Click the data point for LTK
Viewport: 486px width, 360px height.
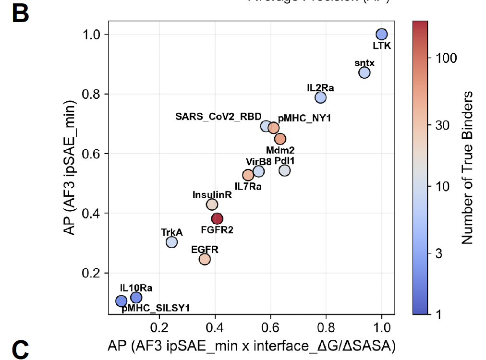pyautogui.click(x=382, y=35)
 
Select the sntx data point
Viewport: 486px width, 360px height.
pyautogui.click(x=364, y=72)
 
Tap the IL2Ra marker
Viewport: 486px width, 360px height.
pyautogui.click(x=321, y=97)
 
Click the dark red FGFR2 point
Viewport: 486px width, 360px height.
pyautogui.click(x=217, y=219)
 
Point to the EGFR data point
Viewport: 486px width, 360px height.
pyautogui.click(x=205, y=259)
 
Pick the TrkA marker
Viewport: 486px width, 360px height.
pyautogui.click(x=172, y=242)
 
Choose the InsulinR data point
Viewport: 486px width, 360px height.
pyautogui.click(x=212, y=204)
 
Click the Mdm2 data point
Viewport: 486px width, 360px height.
pyautogui.click(x=280, y=139)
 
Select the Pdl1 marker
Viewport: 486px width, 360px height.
pyautogui.click(x=285, y=170)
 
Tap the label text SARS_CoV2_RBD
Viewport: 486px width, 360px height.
pyautogui.click(x=219, y=117)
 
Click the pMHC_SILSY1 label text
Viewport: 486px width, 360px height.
pyautogui.click(x=156, y=308)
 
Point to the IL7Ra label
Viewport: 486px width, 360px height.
pyautogui.click(x=248, y=187)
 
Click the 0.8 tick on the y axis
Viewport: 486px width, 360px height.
pyautogui.click(x=92, y=94)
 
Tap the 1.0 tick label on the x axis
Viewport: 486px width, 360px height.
pyautogui.click(x=381, y=330)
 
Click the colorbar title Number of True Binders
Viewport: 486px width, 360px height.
pyautogui.click(x=468, y=168)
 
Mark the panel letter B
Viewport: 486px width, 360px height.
pyautogui.click(x=20, y=14)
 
